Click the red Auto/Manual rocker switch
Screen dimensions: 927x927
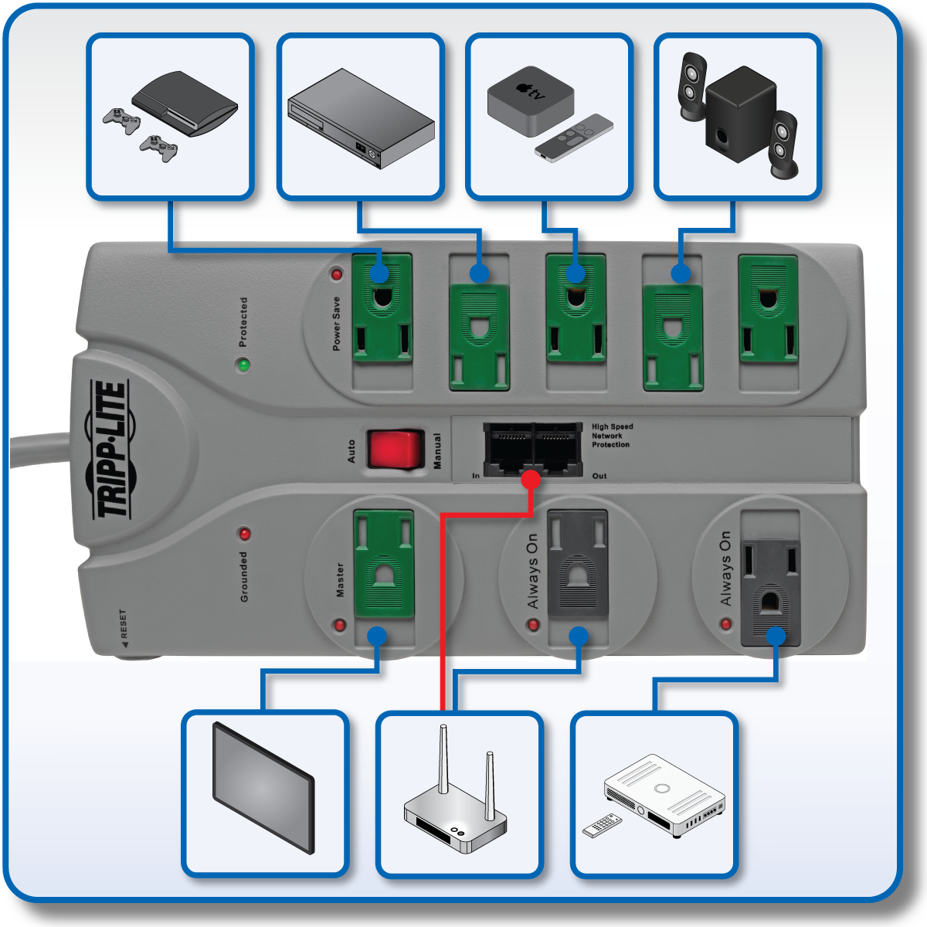pos(396,450)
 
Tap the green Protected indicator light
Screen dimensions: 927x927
pos(244,365)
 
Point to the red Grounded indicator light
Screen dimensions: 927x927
pos(245,534)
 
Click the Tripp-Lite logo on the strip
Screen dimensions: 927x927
pos(110,450)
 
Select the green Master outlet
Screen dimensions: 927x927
pos(384,563)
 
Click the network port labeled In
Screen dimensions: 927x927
pos(508,449)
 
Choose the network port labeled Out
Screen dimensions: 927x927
pos(558,449)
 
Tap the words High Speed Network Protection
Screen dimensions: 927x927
pos(612,436)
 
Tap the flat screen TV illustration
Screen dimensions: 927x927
pos(263,787)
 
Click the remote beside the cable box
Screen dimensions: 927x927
pos(602,825)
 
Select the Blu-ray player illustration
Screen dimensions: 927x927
pos(361,117)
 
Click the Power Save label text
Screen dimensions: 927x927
pos(336,324)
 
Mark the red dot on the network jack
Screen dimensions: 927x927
pos(531,480)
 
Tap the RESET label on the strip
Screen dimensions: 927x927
pos(123,624)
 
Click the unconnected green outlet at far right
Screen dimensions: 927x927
pos(768,309)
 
